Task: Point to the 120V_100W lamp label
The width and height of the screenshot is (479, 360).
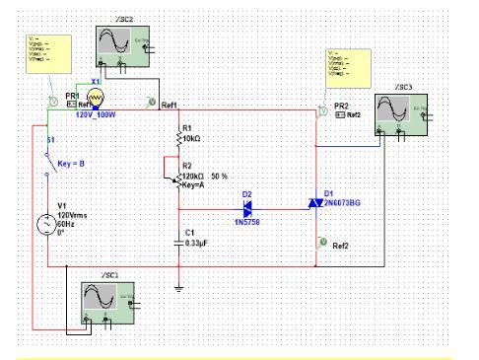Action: click(x=97, y=114)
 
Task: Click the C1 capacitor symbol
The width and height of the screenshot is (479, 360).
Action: click(x=178, y=239)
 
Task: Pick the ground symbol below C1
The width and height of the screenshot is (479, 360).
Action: click(x=178, y=287)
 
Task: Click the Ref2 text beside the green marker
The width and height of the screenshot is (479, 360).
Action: click(x=341, y=246)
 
